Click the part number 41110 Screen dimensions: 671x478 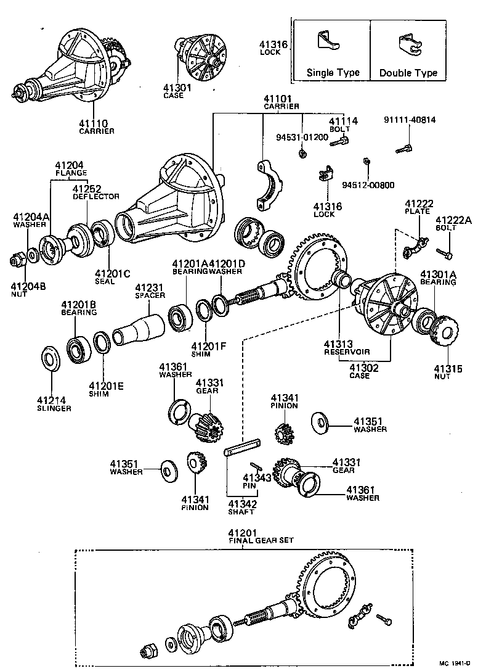point(96,123)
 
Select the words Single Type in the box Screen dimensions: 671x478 point(333,73)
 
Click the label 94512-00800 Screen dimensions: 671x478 point(368,184)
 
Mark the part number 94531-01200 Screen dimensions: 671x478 point(302,136)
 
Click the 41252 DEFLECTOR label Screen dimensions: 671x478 point(87,192)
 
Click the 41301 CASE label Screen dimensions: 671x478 point(177,91)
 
